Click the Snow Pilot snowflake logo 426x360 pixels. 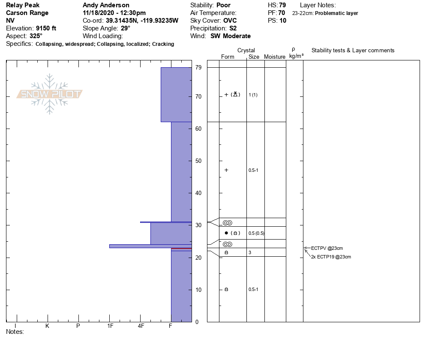coord(49,94)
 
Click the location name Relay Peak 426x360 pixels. coord(23,5)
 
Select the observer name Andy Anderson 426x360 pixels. coord(106,5)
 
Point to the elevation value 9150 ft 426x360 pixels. coord(46,28)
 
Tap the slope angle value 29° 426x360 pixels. coord(126,28)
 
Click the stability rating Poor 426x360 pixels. coord(223,5)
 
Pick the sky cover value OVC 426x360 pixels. coord(230,21)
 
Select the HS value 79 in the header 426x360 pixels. coord(282,5)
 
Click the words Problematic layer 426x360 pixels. coord(336,13)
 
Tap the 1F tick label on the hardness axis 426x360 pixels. coord(110,326)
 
